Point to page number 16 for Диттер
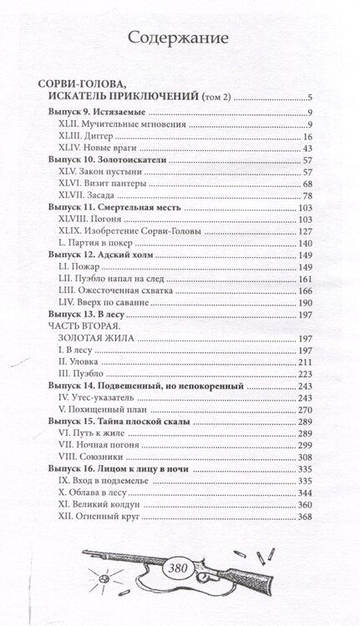pyautogui.click(x=306, y=136)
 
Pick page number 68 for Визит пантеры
pyautogui.click(x=306, y=184)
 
